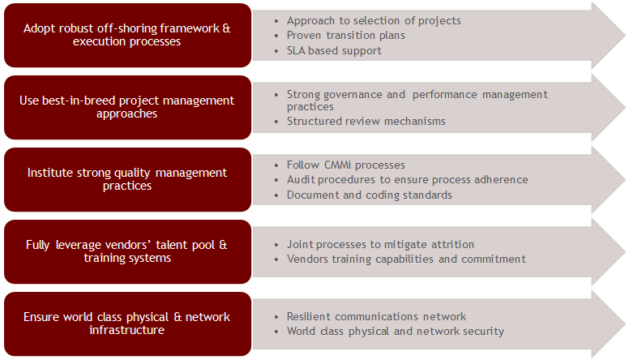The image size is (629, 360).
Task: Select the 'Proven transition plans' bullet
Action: point(346,35)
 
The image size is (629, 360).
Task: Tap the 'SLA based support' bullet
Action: point(334,50)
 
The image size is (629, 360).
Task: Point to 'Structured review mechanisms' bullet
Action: point(366,122)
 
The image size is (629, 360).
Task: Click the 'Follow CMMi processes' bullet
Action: point(346,165)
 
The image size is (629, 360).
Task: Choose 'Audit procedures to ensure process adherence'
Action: point(408,179)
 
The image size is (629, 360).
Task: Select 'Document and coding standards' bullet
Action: point(370,195)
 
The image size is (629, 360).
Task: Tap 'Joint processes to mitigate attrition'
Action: point(381,244)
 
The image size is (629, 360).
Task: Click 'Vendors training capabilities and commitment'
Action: point(407,259)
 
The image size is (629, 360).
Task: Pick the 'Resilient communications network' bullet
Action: point(377,316)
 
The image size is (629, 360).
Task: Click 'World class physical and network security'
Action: point(396,331)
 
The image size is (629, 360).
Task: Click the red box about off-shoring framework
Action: point(127,35)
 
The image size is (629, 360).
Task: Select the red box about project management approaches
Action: point(127,107)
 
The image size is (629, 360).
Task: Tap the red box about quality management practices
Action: point(127,179)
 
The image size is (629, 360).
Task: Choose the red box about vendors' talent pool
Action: point(127,251)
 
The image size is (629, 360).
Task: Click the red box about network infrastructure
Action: point(127,324)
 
